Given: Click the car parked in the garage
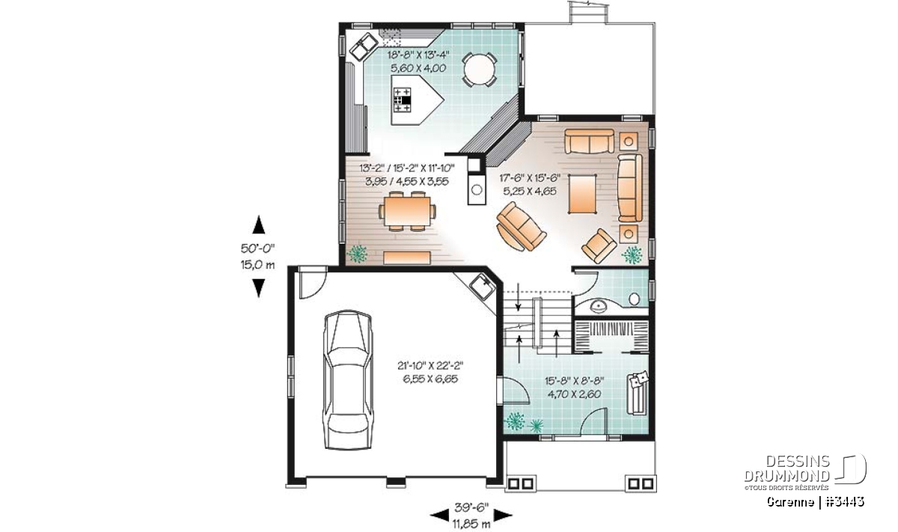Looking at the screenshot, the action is tap(348, 379).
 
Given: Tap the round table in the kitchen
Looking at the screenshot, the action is tap(479, 69).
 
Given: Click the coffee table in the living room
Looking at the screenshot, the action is tap(582, 194).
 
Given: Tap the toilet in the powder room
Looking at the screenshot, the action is tap(634, 299).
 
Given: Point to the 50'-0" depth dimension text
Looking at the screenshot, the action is tap(257, 248).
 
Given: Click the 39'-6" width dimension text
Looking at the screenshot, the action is tap(471, 507).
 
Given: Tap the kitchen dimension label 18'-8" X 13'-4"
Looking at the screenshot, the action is tap(418, 55).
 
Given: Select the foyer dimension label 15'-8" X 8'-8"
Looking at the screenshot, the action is tap(574, 381).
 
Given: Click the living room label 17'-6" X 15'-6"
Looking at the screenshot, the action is tap(530, 178).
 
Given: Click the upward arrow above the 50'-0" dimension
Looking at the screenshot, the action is tap(259, 224).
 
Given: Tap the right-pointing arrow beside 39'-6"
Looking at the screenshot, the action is tap(503, 516).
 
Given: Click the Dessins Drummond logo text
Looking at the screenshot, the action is tap(787, 468).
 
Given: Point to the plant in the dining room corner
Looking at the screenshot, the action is tap(356, 254).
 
